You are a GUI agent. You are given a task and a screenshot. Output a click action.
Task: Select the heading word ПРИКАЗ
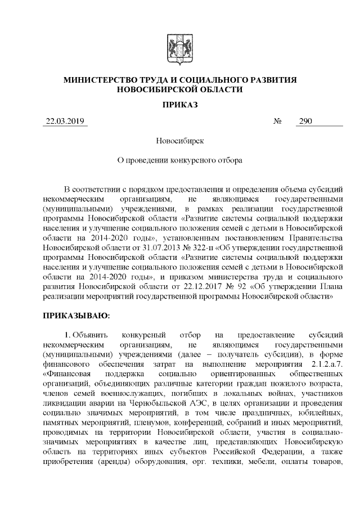(179, 105)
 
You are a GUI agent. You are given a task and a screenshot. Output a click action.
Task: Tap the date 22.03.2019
(64, 121)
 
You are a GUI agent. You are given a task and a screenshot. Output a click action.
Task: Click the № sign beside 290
(277, 121)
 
